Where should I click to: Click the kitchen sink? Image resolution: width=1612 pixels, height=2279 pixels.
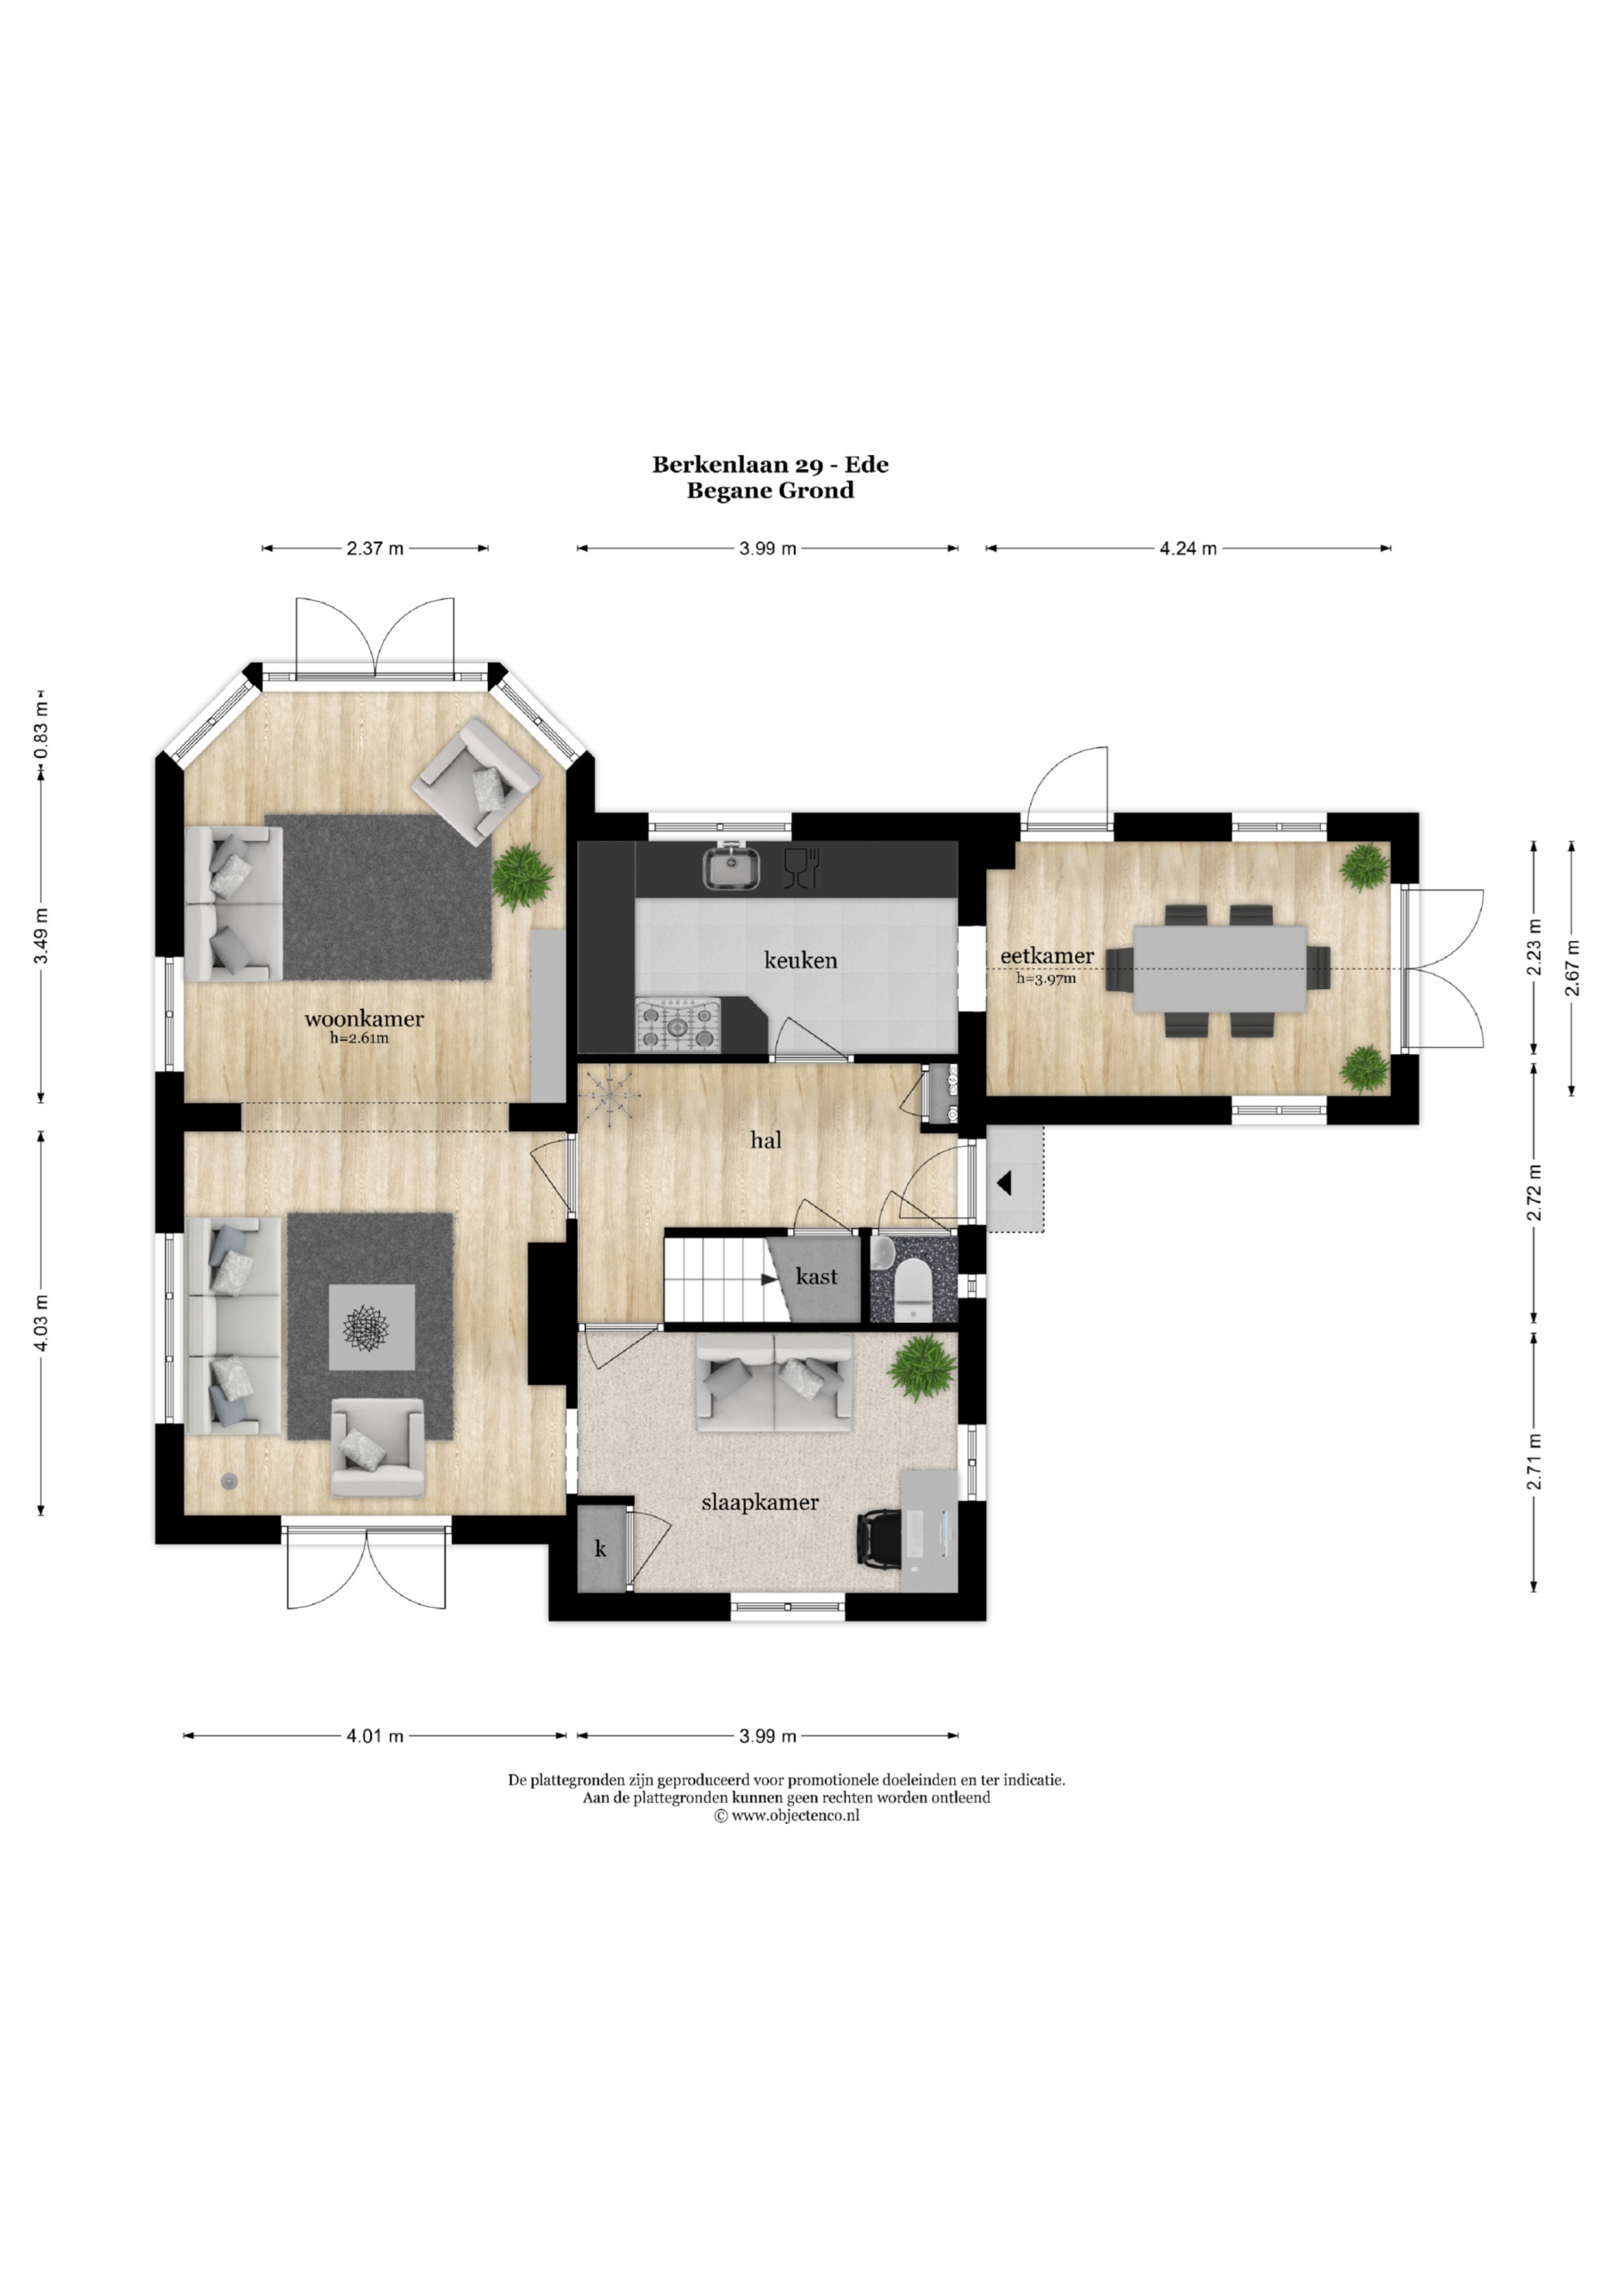pos(732,866)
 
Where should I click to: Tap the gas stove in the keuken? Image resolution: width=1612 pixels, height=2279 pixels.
pos(680,1025)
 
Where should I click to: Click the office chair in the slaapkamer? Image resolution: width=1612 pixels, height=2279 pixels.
pos(878,1538)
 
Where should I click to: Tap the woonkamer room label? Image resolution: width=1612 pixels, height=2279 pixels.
pos(364,1018)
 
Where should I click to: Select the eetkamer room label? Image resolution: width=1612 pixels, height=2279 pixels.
pos(1047,956)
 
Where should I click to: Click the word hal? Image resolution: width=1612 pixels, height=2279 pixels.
pos(765,1140)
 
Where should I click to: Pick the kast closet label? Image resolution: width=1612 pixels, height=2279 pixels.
pos(816,1277)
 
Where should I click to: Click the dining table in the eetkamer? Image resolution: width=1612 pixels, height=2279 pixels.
pos(1219,969)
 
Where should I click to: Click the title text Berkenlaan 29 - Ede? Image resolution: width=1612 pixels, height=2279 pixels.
pos(770,465)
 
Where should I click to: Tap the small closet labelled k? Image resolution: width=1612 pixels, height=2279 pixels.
pos(602,1549)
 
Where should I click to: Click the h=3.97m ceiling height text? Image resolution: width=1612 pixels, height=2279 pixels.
pos(1046,978)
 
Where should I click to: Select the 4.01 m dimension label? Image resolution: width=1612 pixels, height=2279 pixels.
pos(376,1736)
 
